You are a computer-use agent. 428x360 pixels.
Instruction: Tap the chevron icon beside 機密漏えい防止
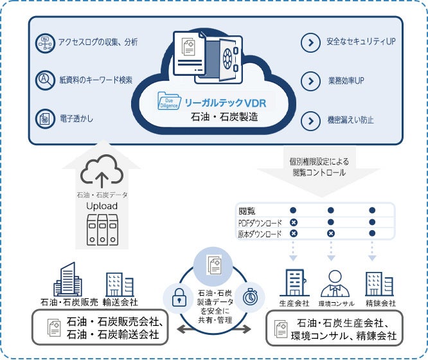(x=310, y=120)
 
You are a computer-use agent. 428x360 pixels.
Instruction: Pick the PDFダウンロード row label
(x=260, y=222)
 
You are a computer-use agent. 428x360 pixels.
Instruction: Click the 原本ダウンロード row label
(x=260, y=234)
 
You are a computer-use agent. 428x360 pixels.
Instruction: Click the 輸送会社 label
(x=120, y=302)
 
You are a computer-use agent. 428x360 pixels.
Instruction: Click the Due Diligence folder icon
(x=171, y=102)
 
